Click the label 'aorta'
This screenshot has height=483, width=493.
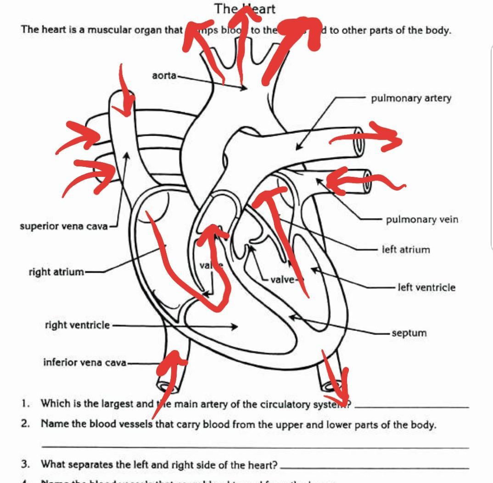click(x=164, y=75)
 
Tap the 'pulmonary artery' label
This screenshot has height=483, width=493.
click(x=411, y=98)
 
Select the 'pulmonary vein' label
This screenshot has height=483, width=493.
click(x=421, y=220)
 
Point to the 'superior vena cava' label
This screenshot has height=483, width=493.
click(x=63, y=226)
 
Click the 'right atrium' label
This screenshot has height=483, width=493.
click(x=56, y=272)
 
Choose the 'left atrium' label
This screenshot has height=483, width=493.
click(x=406, y=250)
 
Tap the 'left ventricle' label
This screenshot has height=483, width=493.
click(x=426, y=288)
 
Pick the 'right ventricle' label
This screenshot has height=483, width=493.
click(x=77, y=325)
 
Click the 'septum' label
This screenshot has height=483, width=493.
click(x=409, y=333)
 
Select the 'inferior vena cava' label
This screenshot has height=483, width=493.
click(x=84, y=362)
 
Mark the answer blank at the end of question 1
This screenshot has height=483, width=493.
click(x=412, y=406)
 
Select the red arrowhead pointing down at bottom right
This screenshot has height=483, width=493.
click(x=340, y=392)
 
